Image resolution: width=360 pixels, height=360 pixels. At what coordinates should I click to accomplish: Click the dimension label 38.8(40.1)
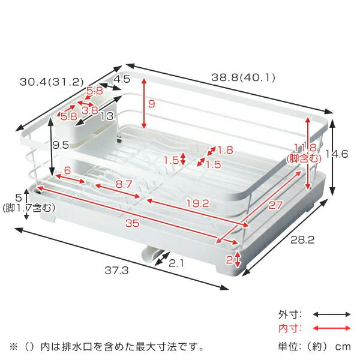[x=243, y=77]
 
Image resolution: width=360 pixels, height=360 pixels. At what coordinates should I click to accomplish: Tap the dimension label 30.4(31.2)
[x=52, y=82]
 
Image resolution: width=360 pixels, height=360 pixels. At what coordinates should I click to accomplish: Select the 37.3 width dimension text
[x=116, y=271]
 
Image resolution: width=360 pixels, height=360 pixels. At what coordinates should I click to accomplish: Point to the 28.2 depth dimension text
[x=302, y=240]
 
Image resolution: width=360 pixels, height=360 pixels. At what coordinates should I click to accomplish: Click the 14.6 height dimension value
[x=337, y=154]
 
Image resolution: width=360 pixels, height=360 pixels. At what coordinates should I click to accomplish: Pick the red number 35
[x=132, y=223]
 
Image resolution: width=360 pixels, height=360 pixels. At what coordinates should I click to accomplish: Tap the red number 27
[x=275, y=205]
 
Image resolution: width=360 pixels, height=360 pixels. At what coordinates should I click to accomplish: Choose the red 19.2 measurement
[x=198, y=203]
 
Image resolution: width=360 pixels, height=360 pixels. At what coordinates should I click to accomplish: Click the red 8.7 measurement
[x=124, y=184]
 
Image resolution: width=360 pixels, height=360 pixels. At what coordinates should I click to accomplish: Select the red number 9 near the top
[x=152, y=104]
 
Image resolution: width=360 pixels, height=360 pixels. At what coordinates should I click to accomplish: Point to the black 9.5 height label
[x=61, y=145]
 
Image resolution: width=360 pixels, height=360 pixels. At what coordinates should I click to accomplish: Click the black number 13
[x=107, y=116]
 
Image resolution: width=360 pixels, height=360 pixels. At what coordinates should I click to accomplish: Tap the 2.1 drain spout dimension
[x=176, y=263]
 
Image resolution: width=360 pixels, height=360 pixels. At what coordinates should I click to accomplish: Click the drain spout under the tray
[x=151, y=254]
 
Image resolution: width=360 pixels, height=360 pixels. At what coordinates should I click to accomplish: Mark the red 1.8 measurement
[x=225, y=150]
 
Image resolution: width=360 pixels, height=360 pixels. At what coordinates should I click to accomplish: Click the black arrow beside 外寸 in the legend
[x=332, y=314]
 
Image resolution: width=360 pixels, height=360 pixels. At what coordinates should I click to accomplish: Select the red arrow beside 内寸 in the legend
[x=332, y=328]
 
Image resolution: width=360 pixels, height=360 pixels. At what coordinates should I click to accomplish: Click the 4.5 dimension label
[x=122, y=79]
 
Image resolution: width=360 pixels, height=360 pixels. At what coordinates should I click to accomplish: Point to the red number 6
[x=67, y=170]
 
